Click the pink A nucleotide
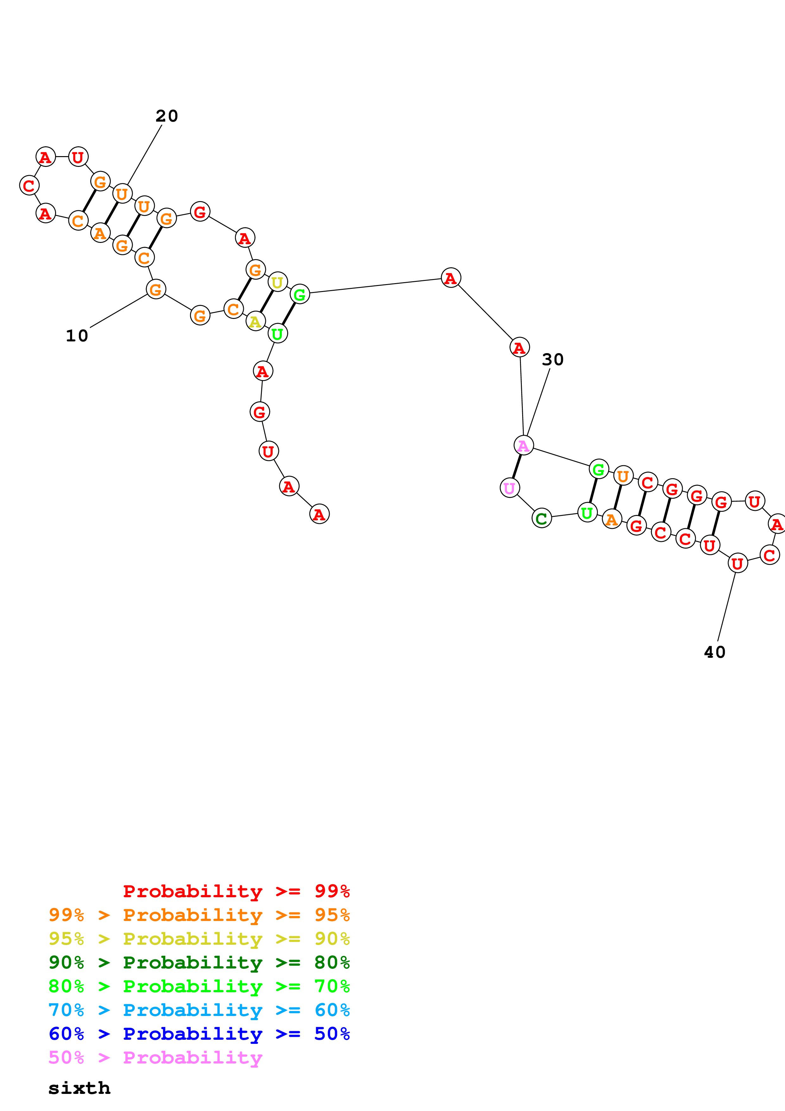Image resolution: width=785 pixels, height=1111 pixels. point(523,445)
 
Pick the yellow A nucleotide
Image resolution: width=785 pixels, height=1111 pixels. point(255,321)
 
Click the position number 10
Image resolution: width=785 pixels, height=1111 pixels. point(77,336)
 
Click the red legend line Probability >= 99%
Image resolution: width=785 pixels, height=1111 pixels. point(236,891)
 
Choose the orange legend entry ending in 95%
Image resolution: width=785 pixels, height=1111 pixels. point(199,915)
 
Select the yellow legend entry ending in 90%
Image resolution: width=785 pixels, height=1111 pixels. point(199,939)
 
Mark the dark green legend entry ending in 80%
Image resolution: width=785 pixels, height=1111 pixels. point(199,962)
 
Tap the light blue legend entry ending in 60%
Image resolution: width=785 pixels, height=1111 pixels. point(199,1010)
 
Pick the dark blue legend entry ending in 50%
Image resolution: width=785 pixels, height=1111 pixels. point(199,1034)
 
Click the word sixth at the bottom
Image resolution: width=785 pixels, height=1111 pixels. point(79,1088)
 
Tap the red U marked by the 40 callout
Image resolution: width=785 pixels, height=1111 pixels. point(737,563)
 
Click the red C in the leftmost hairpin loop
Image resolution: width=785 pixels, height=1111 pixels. point(29,185)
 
